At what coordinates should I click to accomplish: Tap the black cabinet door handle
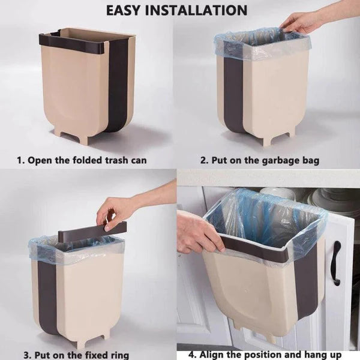336,263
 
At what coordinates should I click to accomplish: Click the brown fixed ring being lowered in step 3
93,232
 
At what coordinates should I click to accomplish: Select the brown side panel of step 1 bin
117,84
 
